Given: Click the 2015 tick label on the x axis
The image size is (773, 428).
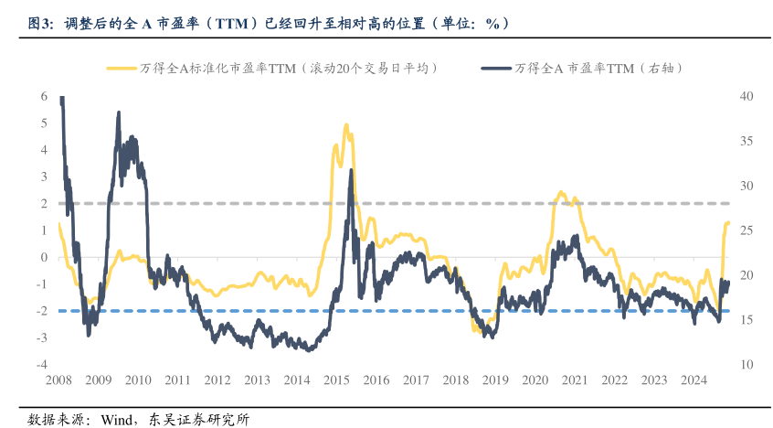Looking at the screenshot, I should (x=337, y=380).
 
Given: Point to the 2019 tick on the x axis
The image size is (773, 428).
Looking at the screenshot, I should (x=495, y=380).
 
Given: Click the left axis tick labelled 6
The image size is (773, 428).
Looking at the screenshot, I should (x=44, y=96).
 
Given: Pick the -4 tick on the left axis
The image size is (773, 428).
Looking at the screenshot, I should (x=42, y=364).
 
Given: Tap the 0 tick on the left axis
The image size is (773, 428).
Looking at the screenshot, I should (x=44, y=257).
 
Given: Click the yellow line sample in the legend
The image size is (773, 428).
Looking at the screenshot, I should (x=122, y=68).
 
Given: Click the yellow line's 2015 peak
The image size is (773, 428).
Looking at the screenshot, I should (x=345, y=125).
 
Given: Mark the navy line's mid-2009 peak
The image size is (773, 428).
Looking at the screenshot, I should (x=119, y=113).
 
